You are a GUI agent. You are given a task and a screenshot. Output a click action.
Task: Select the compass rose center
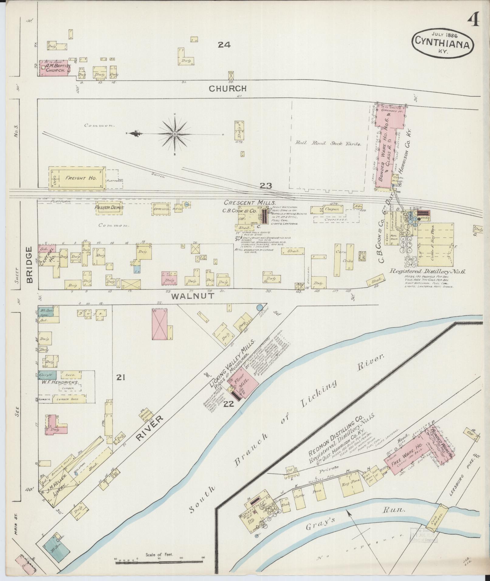175,134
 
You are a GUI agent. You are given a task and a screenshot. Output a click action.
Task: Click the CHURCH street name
228,89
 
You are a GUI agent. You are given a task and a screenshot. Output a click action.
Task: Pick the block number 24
224,45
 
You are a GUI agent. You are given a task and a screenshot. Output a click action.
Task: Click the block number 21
121,378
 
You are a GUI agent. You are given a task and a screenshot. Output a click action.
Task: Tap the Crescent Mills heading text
250,203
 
